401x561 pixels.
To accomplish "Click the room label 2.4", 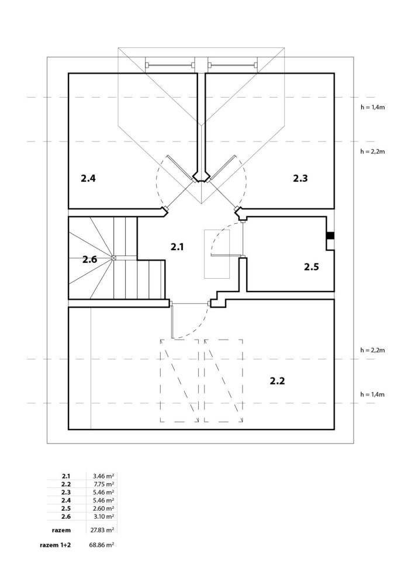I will tap(88, 179).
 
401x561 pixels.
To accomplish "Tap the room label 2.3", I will tap(300, 179).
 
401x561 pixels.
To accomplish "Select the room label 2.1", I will tap(177, 247).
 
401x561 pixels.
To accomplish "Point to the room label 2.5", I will tap(311, 267).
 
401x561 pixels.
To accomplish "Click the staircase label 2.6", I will tap(89, 259).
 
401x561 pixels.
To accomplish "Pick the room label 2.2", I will tap(277, 381).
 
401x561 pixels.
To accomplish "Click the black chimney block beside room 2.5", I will tap(330, 236).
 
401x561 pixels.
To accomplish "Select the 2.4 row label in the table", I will tap(65, 500).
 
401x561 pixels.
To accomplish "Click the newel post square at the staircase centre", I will tap(114, 257).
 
